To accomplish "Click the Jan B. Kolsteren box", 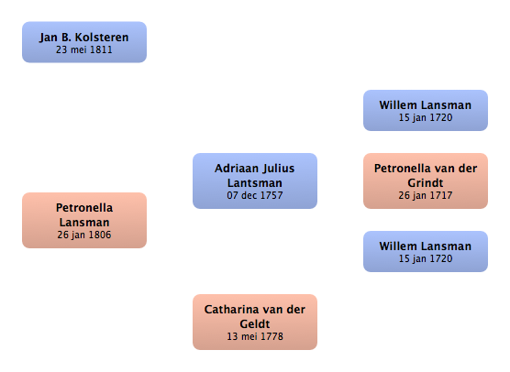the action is [x=84, y=42].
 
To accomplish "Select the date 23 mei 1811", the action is [x=84, y=49].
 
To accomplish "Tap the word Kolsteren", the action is [x=102, y=38].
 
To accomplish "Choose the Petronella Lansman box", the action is [x=84, y=220].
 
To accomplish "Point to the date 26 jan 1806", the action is [x=84, y=235].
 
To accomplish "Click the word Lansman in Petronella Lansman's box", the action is [x=84, y=223].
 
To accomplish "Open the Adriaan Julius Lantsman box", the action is [x=255, y=181].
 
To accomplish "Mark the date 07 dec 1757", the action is [x=255, y=195].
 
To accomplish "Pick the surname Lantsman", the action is [x=255, y=183].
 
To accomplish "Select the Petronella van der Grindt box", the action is [x=426, y=181].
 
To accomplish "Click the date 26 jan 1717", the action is [x=426, y=195].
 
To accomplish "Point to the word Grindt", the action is [x=426, y=183].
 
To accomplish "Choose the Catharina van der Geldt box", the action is [x=255, y=322].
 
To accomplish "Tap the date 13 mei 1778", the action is [x=255, y=336].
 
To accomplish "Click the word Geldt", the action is [x=255, y=324].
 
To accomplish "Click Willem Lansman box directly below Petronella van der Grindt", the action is [x=426, y=251].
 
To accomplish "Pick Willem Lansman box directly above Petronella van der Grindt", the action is [x=426, y=111].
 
